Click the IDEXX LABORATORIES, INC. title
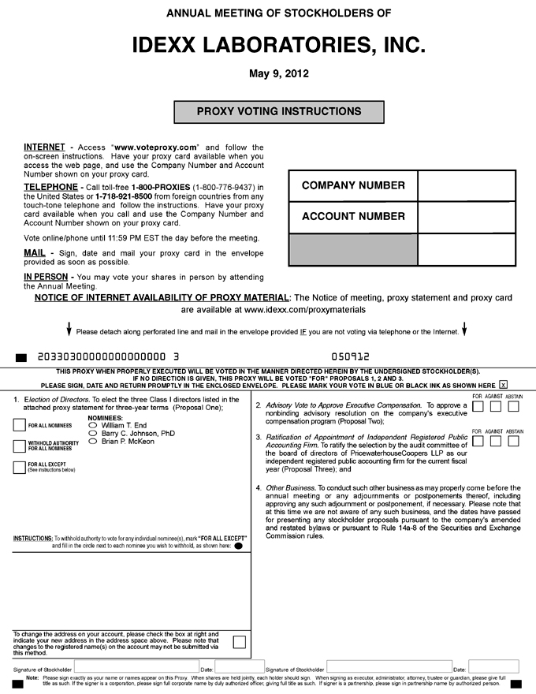268,44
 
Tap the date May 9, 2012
268,73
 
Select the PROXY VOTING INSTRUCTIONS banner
278,112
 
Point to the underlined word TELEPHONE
50,186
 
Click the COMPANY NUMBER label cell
342,185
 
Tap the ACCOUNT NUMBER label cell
342,216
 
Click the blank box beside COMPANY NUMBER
466,185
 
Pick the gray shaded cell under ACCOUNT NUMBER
352,249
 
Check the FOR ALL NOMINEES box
20,425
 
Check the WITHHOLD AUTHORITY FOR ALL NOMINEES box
20,446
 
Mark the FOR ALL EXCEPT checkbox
20,467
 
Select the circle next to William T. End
94,425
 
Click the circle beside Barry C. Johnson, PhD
94,433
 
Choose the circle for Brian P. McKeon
94,442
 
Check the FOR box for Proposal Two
478,407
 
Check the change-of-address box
239,641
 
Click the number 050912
350,356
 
